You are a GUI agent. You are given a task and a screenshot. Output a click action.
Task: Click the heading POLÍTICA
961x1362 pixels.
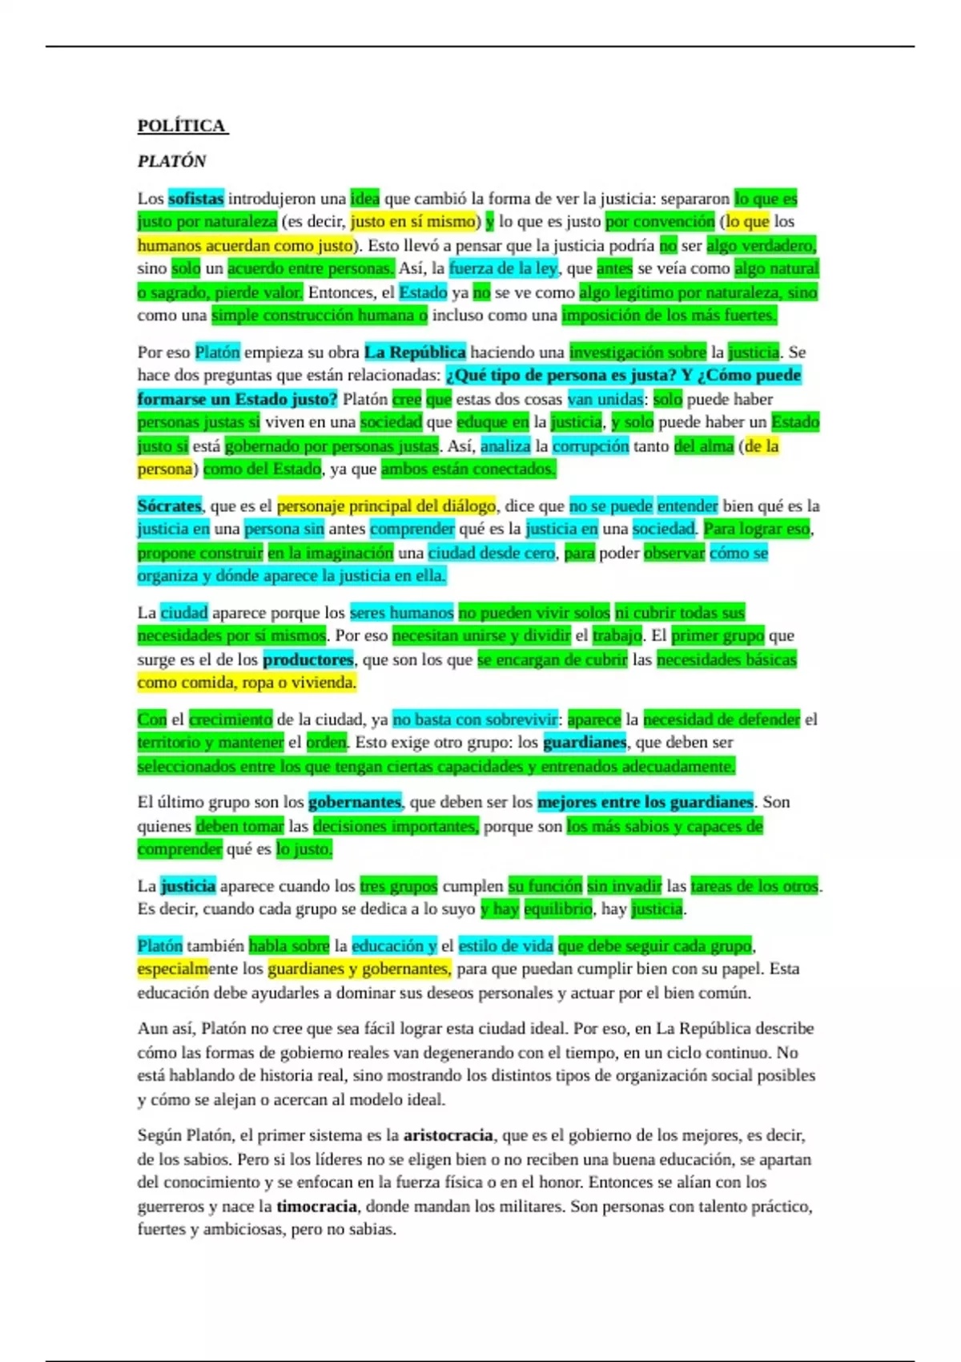tap(182, 126)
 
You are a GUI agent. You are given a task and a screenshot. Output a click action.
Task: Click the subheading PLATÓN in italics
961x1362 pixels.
tap(171, 161)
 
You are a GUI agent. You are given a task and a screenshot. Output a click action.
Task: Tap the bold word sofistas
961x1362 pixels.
tap(196, 199)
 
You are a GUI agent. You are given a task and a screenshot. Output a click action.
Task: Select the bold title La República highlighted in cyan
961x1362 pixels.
tap(415, 353)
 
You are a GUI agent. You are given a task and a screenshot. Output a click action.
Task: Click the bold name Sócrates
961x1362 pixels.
tap(169, 506)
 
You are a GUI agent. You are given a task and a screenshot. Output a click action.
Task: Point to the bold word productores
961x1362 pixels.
tap(308, 660)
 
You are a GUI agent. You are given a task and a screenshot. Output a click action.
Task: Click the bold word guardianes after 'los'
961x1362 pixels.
tap(585, 743)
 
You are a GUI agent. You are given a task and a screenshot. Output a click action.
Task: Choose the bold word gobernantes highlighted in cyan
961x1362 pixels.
tap(354, 803)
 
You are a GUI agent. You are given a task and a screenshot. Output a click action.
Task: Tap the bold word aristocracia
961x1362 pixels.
tap(448, 1135)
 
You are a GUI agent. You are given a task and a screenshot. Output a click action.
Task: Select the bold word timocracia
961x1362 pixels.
tap(316, 1207)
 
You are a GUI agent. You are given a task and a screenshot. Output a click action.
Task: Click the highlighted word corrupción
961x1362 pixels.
tap(591, 446)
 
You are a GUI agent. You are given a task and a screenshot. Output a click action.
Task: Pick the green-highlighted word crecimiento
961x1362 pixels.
tap(231, 719)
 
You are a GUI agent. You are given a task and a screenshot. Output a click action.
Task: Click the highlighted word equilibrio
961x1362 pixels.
tap(558, 909)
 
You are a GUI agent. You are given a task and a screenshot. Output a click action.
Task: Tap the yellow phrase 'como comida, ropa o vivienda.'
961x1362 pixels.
tap(247, 683)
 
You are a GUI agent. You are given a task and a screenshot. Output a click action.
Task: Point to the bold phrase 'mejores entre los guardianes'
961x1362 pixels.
tap(645, 803)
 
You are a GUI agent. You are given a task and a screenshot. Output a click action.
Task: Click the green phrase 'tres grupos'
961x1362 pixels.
tap(398, 886)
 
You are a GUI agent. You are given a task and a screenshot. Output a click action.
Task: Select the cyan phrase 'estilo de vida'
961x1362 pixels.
tap(505, 946)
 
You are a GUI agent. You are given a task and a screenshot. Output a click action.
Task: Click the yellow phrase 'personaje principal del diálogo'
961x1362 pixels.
tap(386, 506)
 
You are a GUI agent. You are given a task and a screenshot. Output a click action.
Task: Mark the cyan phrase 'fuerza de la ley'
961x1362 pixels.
tap(503, 269)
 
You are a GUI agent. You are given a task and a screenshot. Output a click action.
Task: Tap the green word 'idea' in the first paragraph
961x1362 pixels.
tap(364, 199)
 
